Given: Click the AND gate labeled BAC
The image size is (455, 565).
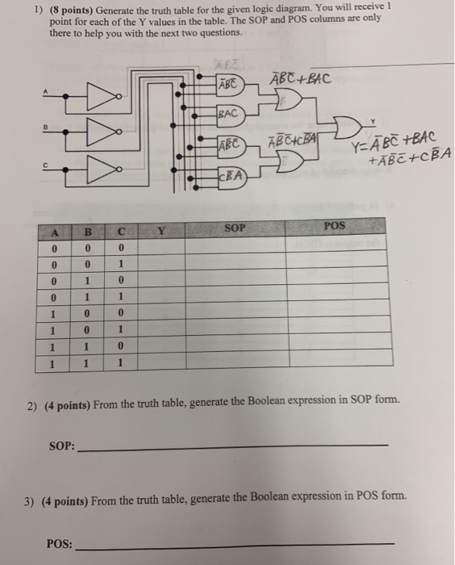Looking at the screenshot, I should click(x=230, y=115).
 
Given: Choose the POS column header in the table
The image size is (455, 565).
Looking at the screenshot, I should click(x=335, y=227).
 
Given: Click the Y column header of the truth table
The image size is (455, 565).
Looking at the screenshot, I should click(x=161, y=232).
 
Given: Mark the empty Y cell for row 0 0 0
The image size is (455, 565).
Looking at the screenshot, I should click(x=161, y=248).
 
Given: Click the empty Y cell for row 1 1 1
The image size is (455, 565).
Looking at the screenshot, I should click(x=161, y=364).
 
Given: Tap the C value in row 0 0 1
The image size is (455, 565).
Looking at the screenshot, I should click(x=119, y=265).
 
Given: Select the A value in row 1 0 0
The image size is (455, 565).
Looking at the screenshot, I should click(x=51, y=314).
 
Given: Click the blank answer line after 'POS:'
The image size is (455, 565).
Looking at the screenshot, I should click(x=234, y=546).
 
